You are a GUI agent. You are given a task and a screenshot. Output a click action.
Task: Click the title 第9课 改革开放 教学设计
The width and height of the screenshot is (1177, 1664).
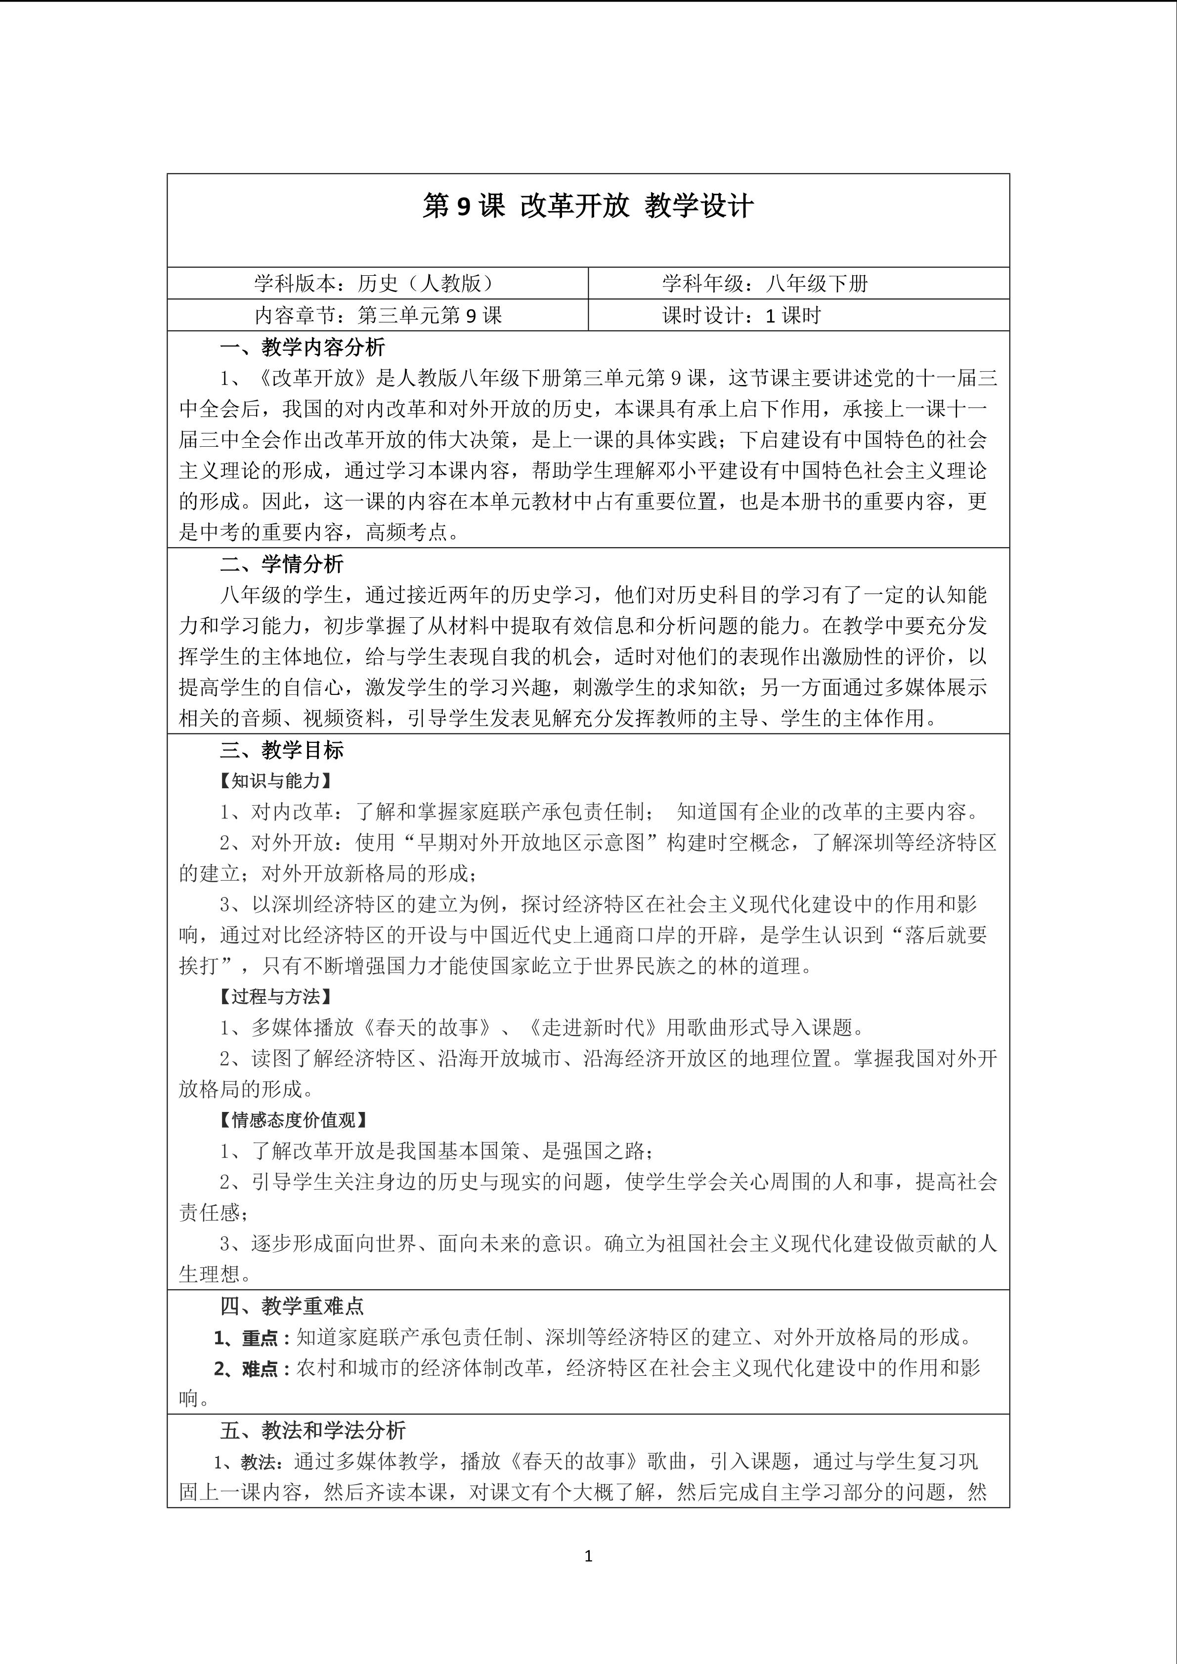point(588,207)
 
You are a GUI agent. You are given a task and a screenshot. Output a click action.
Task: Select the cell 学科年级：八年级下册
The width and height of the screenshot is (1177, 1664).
point(764,283)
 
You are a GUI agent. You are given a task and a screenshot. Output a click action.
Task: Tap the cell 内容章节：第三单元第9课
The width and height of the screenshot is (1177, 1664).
point(378,315)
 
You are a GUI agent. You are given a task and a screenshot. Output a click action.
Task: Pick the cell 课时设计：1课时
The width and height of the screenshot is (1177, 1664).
point(741,315)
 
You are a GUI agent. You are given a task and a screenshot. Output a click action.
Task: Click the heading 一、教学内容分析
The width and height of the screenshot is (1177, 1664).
point(302,348)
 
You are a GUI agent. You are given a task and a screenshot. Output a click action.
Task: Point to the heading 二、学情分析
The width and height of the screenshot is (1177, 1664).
point(282,564)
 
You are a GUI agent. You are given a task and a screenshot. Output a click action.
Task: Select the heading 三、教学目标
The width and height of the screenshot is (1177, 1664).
point(282,750)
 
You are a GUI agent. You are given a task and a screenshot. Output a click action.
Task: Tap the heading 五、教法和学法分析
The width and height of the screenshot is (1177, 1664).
point(312,1431)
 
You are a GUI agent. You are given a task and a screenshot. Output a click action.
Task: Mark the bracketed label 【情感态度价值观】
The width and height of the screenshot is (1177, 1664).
point(294,1120)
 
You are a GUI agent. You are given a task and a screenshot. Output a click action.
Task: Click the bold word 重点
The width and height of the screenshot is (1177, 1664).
point(260,1338)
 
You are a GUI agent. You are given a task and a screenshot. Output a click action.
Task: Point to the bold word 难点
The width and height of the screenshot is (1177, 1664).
point(260,1369)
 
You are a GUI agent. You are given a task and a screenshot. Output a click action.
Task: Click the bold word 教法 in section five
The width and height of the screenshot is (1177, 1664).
point(259,1462)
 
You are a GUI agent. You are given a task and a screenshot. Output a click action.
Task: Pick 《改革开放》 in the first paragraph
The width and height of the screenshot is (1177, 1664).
point(312,378)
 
